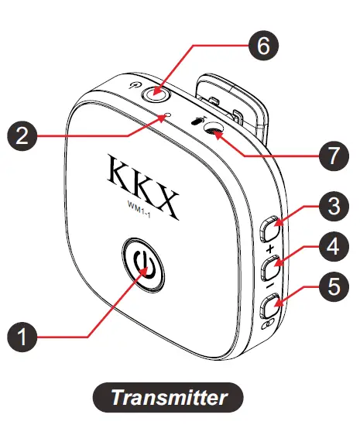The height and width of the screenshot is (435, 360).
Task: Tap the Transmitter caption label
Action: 168,398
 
